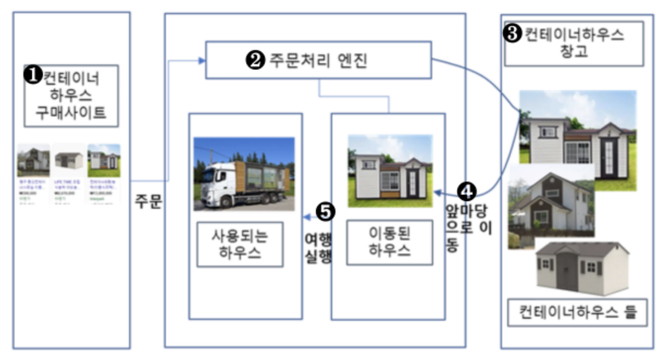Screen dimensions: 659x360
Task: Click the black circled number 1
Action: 33,76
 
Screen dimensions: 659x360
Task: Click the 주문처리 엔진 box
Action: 318,60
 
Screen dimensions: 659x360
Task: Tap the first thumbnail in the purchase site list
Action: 33,160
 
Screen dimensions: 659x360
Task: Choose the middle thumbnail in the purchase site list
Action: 69,160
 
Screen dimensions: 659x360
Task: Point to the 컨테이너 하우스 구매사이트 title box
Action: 71,96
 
